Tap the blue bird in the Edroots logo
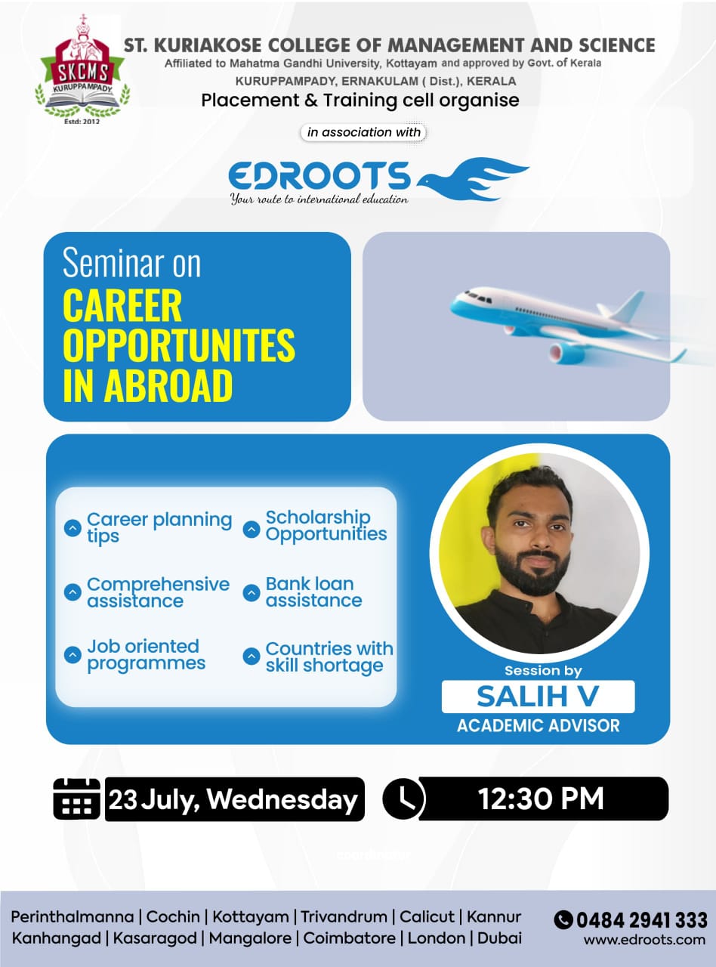click(x=472, y=180)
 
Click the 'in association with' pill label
click(x=363, y=132)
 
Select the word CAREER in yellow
click(x=122, y=306)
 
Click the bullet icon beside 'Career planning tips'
click(x=73, y=528)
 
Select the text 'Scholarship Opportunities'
click(x=326, y=525)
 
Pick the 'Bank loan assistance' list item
click(x=313, y=592)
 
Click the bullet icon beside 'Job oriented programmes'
click(x=73, y=655)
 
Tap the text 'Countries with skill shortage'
click(x=329, y=657)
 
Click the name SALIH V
click(x=538, y=697)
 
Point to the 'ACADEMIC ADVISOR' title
click(x=538, y=726)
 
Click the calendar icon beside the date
click(x=77, y=799)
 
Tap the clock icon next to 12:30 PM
click(x=404, y=799)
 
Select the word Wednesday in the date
click(x=282, y=800)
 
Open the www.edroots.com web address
click(x=644, y=940)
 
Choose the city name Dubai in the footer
click(x=499, y=938)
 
